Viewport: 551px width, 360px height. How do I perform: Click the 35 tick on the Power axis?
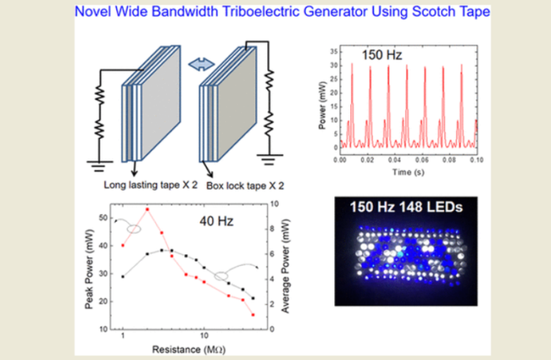tap(333, 50)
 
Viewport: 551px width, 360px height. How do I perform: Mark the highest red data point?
tap(147, 209)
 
